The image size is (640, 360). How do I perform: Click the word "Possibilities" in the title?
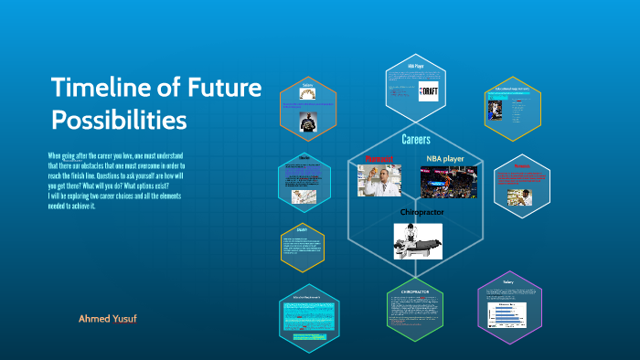pos(119,120)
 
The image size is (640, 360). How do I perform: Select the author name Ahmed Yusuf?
pos(108,319)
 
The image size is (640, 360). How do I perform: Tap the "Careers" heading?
pos(416,140)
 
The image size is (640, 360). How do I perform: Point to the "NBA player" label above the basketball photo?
pos(447,158)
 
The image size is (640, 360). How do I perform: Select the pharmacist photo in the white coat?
pos(379,181)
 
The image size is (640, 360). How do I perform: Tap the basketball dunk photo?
pos(448,182)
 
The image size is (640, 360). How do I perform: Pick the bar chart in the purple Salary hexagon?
pos(507,312)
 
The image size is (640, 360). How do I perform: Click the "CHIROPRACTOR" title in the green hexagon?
pos(415,291)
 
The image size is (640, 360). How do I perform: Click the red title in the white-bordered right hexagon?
pos(521,167)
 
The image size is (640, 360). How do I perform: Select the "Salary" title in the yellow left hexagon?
pos(303,229)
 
